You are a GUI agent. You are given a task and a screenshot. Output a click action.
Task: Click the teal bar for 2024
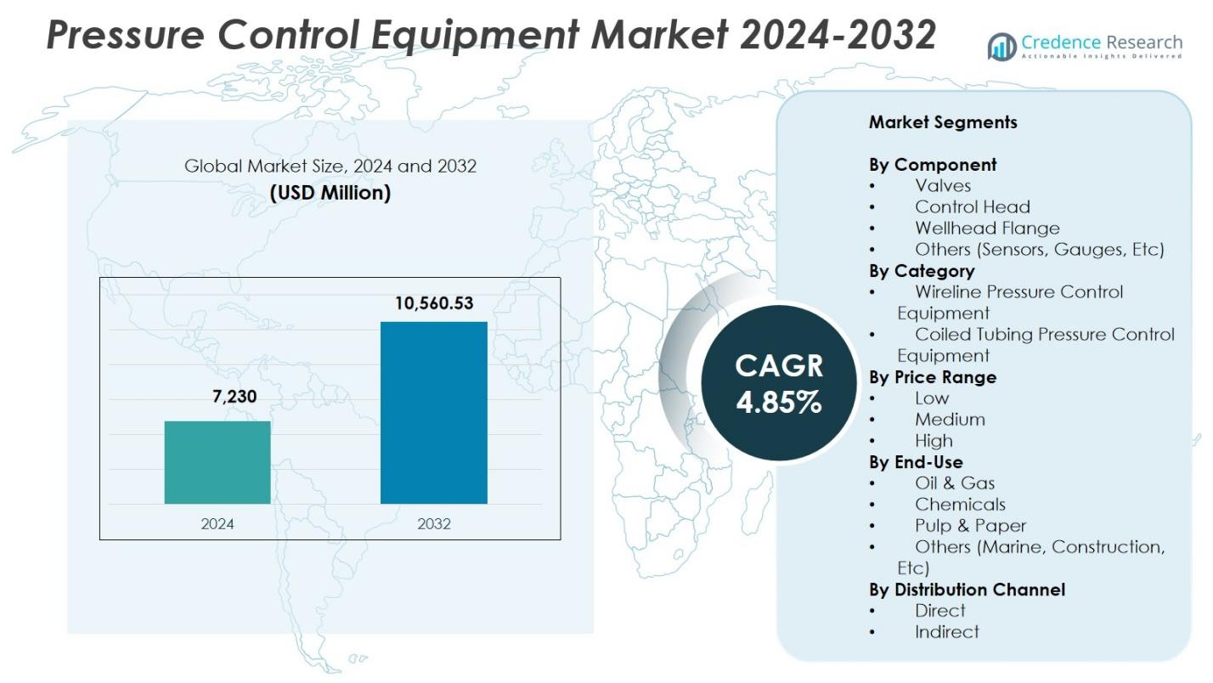[217, 462]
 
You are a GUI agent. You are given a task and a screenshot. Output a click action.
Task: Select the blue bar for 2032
[433, 412]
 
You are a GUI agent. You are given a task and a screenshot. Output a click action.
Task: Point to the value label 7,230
[234, 396]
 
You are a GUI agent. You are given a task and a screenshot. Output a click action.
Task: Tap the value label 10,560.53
[433, 303]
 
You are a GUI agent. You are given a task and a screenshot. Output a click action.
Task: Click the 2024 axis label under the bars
[217, 523]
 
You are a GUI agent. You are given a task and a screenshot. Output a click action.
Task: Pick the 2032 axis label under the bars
[433, 523]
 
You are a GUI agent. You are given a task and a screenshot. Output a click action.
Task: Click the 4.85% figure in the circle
[779, 402]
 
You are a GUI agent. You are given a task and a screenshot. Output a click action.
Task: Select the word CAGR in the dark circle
[779, 365]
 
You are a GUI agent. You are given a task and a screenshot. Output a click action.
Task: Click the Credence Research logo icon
[1001, 46]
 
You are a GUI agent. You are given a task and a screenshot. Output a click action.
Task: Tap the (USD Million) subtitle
[330, 193]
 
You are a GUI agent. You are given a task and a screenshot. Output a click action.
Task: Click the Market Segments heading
[943, 122]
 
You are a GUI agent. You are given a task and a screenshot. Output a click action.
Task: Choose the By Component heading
[933, 165]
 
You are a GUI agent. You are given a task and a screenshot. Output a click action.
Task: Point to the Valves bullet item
[943, 185]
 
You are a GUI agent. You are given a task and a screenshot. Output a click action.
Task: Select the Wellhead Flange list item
[987, 228]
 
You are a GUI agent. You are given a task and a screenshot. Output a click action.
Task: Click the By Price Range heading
[933, 377]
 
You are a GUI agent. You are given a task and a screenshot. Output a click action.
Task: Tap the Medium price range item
[950, 420]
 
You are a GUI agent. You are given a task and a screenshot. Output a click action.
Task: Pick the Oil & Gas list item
[955, 483]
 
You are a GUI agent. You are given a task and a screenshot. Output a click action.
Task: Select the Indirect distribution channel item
[946, 632]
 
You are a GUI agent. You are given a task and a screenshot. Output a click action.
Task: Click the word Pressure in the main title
[127, 36]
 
